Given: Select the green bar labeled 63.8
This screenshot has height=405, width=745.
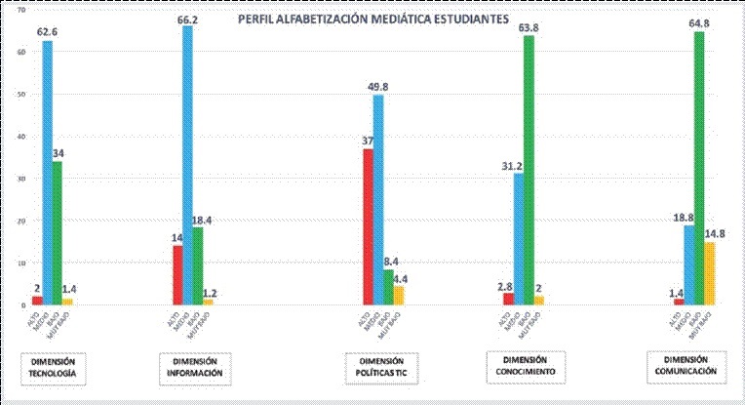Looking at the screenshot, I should (529, 170).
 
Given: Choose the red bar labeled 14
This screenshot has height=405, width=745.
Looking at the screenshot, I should (177, 274).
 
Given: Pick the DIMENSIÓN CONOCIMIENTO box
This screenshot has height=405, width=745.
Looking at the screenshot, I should (522, 366).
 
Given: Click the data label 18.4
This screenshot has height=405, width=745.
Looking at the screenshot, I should (201, 220).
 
